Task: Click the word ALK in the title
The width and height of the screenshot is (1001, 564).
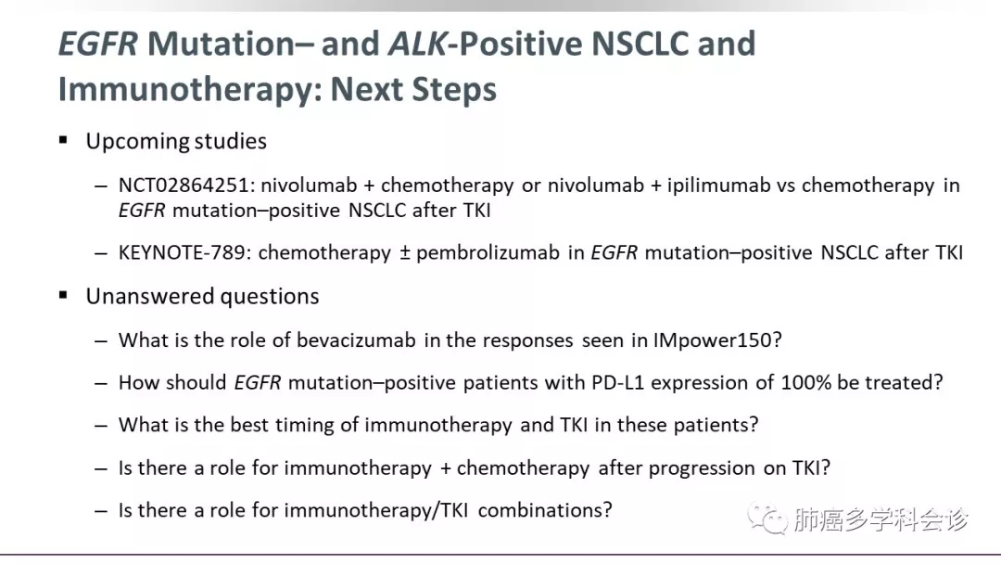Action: pyautogui.click(x=417, y=44)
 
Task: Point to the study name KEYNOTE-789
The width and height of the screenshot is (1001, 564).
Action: pyautogui.click(x=182, y=253)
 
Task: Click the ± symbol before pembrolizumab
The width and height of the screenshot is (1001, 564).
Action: pyautogui.click(x=405, y=253)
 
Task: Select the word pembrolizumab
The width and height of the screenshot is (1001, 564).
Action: pyautogui.click(x=488, y=253)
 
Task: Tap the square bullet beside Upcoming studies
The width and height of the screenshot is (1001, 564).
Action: pyautogui.click(x=63, y=140)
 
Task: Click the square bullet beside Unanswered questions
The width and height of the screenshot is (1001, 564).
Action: pyautogui.click(x=63, y=295)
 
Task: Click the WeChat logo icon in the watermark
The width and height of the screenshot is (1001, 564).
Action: pyautogui.click(x=767, y=518)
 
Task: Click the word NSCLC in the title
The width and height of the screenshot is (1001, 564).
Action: pyautogui.click(x=640, y=44)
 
